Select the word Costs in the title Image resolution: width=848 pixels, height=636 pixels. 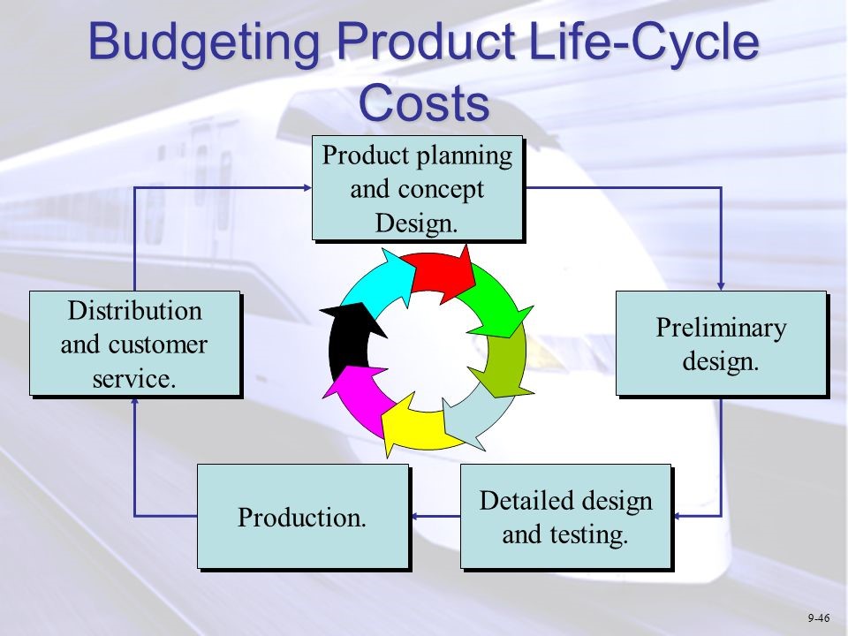coord(424,102)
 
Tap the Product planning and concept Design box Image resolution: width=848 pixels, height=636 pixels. coord(417,188)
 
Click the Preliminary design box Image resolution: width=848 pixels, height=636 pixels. coord(720,344)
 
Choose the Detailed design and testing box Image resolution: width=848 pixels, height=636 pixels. coord(565,517)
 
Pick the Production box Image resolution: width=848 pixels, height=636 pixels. coord(302,517)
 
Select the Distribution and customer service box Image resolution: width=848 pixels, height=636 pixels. coord(134,344)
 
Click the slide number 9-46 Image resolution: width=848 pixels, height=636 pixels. coord(818,617)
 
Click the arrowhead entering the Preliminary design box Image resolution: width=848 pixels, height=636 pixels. coord(722,285)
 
